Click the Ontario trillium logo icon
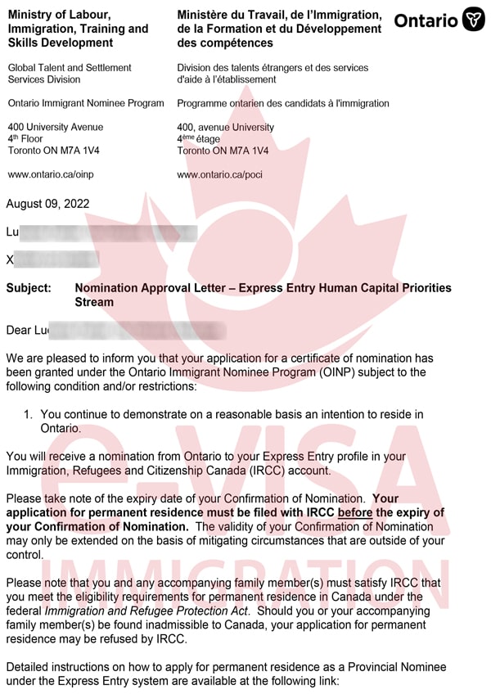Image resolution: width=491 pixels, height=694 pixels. pyautogui.click(x=474, y=20)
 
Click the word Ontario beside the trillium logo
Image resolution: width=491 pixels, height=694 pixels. pyautogui.click(x=426, y=20)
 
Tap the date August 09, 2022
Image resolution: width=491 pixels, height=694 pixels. pyautogui.click(x=47, y=204)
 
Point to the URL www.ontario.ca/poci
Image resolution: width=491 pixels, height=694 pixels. pyautogui.click(x=219, y=174)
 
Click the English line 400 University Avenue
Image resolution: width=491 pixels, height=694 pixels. pyautogui.click(x=56, y=128)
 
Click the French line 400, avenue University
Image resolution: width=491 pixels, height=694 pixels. pyautogui.click(x=226, y=128)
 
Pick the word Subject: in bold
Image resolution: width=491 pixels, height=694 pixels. pyautogui.click(x=29, y=288)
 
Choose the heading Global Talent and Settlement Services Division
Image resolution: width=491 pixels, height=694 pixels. pyautogui.click(x=70, y=74)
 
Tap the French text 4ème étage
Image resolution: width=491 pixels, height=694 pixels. pyautogui.click(x=199, y=139)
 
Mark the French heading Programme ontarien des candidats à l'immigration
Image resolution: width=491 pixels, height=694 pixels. pyautogui.click(x=283, y=104)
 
